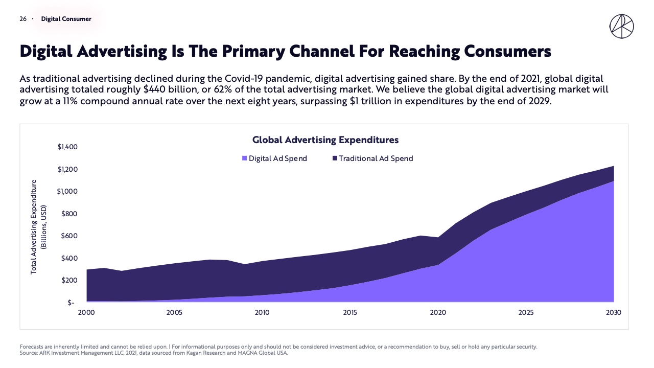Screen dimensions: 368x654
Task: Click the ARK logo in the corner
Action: (621, 26)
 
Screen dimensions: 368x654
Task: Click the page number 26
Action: (23, 19)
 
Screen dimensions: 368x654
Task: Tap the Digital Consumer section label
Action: (66, 19)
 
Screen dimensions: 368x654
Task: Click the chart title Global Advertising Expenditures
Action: (325, 140)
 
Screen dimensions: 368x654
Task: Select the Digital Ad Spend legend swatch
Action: (245, 158)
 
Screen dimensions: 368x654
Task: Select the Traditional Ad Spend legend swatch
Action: (335, 158)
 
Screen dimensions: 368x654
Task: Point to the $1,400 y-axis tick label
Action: (67, 147)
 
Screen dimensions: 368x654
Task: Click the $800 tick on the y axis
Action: (71, 214)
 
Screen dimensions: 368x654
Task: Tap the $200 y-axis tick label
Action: (71, 280)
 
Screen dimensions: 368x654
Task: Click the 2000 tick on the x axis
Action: (86, 312)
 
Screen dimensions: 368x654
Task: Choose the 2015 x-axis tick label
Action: (350, 312)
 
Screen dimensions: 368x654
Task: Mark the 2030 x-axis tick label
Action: (614, 312)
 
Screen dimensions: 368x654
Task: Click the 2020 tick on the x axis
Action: (438, 312)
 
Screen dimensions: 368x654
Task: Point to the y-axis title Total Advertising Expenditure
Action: (34, 226)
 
